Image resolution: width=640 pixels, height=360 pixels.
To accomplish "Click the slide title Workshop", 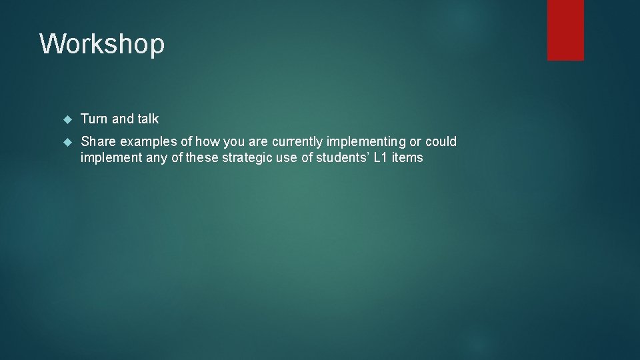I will (x=102, y=45).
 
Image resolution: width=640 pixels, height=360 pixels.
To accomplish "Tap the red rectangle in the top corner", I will (x=565, y=30).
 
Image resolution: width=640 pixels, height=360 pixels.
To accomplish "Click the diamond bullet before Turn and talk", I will (x=66, y=119).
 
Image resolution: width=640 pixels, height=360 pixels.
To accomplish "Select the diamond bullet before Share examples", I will (x=66, y=142).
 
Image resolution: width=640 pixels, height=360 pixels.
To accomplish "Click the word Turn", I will (x=94, y=119).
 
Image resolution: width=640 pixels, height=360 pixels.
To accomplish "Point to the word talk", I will (x=148, y=119).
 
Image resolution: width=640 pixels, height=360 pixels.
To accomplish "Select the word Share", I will (x=98, y=141).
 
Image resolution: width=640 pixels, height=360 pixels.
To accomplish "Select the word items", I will (x=409, y=158).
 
